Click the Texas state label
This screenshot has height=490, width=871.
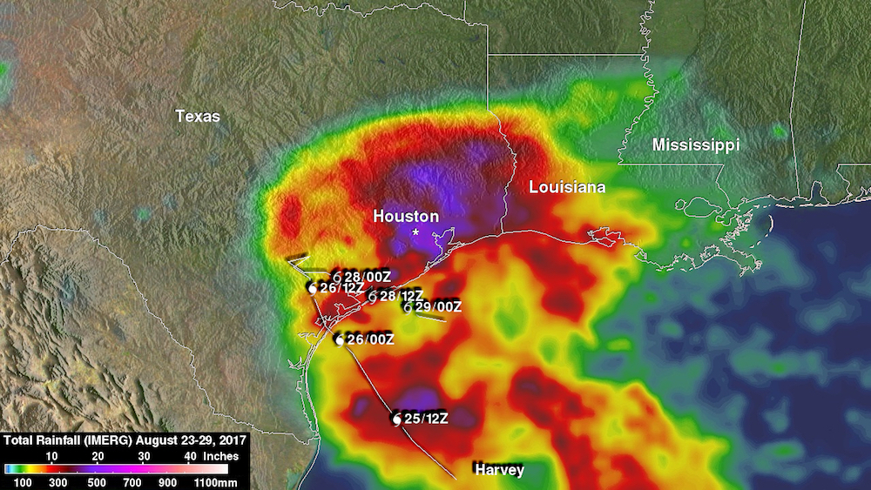pos(198,116)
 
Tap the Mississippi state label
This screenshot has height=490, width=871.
pos(696,145)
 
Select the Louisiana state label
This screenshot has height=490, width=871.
pos(567,187)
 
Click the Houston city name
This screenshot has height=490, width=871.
pos(406,216)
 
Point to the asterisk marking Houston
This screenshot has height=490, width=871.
pos(416,233)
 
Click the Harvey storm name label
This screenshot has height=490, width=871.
pos(499,470)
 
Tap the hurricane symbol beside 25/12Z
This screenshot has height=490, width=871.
pos(397,420)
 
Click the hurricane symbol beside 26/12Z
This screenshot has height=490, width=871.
pos(311,287)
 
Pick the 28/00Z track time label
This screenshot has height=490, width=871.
pos(368,277)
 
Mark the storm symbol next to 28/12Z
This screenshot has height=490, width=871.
pos(372,298)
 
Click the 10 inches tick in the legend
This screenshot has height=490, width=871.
pos(51,455)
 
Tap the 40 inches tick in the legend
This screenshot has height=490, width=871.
pos(188,455)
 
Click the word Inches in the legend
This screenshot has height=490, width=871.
pos(220,455)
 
